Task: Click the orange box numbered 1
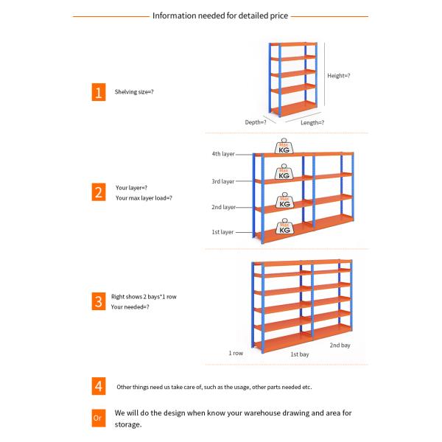[97, 92]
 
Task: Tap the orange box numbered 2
[97, 193]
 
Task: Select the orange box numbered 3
[97, 301]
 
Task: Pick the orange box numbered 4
[97, 385]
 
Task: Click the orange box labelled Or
[97, 418]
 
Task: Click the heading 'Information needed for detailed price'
[220, 15]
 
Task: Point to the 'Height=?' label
[339, 75]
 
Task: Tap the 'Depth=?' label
[256, 122]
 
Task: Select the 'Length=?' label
[312, 122]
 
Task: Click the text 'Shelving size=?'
[134, 92]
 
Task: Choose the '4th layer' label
[222, 154]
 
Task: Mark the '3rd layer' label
[222, 180]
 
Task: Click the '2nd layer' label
[222, 207]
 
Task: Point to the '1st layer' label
[222, 232]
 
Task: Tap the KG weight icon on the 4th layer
[284, 147]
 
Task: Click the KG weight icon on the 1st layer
[284, 226]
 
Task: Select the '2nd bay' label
[340, 345]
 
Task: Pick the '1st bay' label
[299, 354]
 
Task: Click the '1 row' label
[236, 353]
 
